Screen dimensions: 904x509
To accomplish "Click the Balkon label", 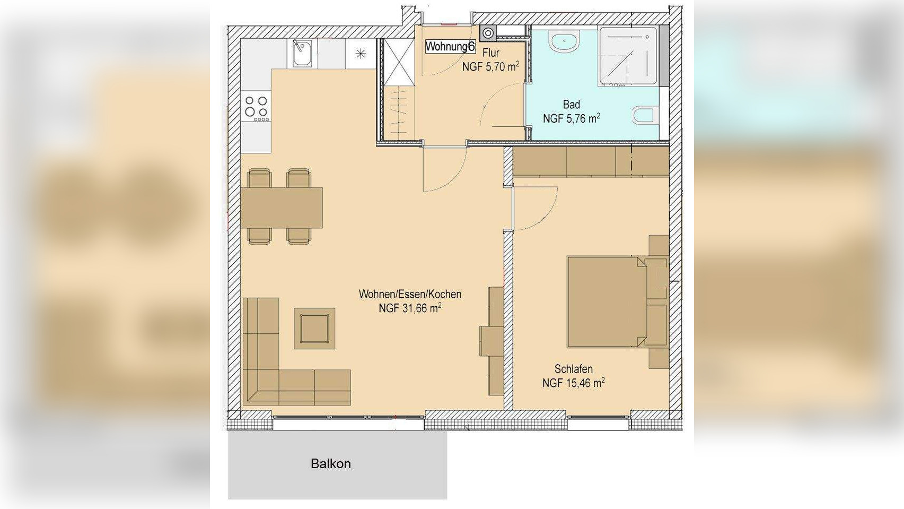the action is point(330,464).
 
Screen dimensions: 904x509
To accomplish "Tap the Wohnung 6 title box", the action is point(450,47).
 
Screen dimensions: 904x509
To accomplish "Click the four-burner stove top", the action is point(257,108).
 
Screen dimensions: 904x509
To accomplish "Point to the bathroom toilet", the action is point(643,116).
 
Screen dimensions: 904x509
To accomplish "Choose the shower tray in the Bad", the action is point(627,56).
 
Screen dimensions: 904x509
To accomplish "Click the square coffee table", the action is point(314,329).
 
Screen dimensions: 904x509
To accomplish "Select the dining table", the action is point(282,208).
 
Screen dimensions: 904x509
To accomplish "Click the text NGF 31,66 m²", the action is point(410,308).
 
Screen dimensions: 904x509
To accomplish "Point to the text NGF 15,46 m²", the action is point(574,382).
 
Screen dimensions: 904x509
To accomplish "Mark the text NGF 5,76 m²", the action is point(571,118).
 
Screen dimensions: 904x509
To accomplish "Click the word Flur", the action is point(491,53).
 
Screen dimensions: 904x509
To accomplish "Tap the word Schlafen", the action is point(574,369).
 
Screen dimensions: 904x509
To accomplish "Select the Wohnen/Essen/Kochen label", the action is point(410,294).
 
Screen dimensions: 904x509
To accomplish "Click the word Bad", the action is point(572,105).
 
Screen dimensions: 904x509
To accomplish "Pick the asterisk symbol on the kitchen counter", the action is point(361,53).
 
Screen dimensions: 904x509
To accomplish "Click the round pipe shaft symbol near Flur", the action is point(488,33).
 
